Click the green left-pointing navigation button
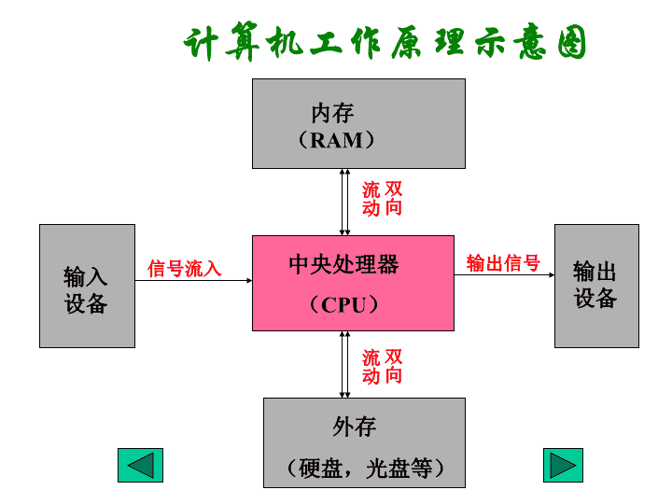[x=141, y=465]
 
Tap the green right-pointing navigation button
[x=563, y=465]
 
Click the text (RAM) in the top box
[x=337, y=140]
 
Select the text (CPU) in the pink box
[x=344, y=304]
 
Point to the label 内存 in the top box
[x=332, y=113]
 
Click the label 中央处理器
[x=343, y=264]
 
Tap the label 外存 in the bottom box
[x=355, y=427]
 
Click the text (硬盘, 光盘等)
[x=365, y=468]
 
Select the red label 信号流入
[x=185, y=269]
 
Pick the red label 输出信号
[x=503, y=262]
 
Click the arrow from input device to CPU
[x=194, y=281]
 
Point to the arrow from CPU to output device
[x=504, y=274]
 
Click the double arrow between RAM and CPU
[x=345, y=202]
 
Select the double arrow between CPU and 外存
[x=345, y=365]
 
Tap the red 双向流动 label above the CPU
[x=382, y=199]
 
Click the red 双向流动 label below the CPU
[x=382, y=367]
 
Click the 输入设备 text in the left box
[x=85, y=290]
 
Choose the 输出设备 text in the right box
[x=595, y=284]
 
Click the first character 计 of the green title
[x=200, y=43]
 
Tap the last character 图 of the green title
[x=572, y=41]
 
